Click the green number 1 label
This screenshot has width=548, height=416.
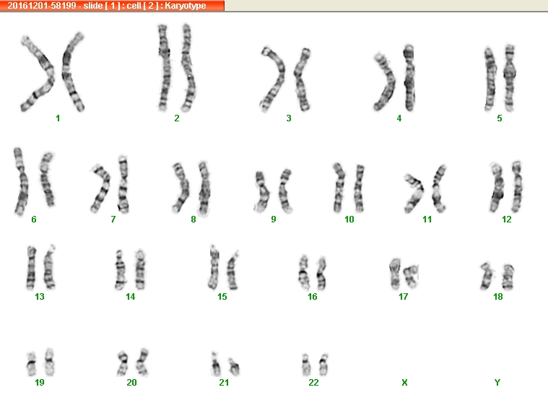click(58, 118)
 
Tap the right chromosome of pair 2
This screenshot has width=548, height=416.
click(188, 68)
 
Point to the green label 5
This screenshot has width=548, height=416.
click(500, 118)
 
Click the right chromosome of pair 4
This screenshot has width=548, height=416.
click(409, 78)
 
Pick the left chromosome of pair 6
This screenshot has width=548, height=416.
click(21, 181)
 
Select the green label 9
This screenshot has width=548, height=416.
click(274, 219)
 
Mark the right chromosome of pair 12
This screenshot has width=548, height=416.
click(517, 186)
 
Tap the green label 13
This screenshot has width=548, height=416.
click(40, 297)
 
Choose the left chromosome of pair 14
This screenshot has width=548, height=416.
click(121, 270)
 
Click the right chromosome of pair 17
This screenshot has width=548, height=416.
click(411, 277)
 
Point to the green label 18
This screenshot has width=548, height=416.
click(497, 297)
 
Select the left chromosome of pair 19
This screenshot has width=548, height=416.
click(32, 364)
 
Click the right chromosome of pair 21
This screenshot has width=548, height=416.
click(234, 366)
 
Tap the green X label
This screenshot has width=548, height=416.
click(404, 383)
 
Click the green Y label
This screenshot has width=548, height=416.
click(497, 383)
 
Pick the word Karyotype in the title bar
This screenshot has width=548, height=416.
click(186, 6)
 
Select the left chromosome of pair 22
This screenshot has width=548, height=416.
click(306, 365)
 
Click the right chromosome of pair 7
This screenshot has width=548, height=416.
click(123, 184)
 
